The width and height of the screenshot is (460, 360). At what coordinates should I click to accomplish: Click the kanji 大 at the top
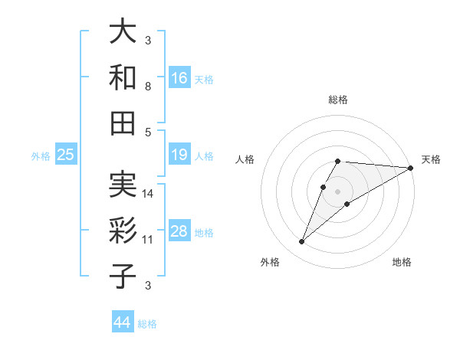pos(123,32)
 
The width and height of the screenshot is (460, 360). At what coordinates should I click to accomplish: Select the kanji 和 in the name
pos(123,77)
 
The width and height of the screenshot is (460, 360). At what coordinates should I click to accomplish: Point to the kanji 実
pos(123,186)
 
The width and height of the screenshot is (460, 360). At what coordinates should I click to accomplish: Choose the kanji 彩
pos(123,231)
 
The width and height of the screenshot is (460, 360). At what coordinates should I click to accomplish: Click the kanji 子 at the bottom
pos(123,276)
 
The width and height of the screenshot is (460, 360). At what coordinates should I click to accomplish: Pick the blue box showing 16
pos(179,78)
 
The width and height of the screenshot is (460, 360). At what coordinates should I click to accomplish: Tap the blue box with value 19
pos(179,155)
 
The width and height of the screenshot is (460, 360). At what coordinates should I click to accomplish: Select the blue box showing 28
pos(179,232)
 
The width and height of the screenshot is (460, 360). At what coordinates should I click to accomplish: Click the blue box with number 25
pos(65,155)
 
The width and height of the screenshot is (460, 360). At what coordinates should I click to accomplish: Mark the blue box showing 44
pos(123,323)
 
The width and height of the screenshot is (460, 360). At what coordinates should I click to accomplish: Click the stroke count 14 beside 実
pos(149,194)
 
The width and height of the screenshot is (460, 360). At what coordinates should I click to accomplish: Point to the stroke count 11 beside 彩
pos(149,240)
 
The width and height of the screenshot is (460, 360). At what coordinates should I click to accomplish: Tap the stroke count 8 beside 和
pos(149,86)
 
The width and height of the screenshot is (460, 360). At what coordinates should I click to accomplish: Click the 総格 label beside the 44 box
pos(147,324)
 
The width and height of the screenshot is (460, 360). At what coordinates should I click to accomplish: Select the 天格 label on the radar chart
pos(431,159)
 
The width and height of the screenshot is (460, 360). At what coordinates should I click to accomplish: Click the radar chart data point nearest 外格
pos(301,242)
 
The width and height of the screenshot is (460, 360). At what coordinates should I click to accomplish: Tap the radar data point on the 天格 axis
pos(411,169)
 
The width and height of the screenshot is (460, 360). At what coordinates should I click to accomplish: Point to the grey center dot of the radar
pos(337,191)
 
